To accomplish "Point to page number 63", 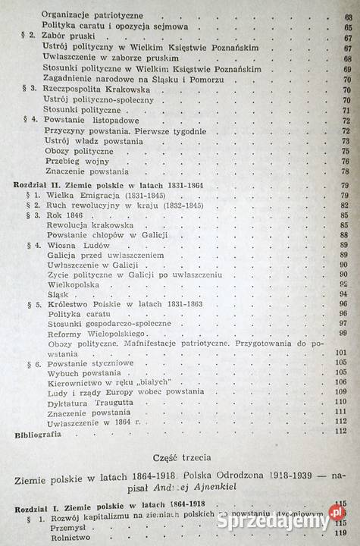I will (346, 14).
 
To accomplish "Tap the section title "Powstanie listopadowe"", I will (85, 120).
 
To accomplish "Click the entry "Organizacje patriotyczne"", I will (92, 14).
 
